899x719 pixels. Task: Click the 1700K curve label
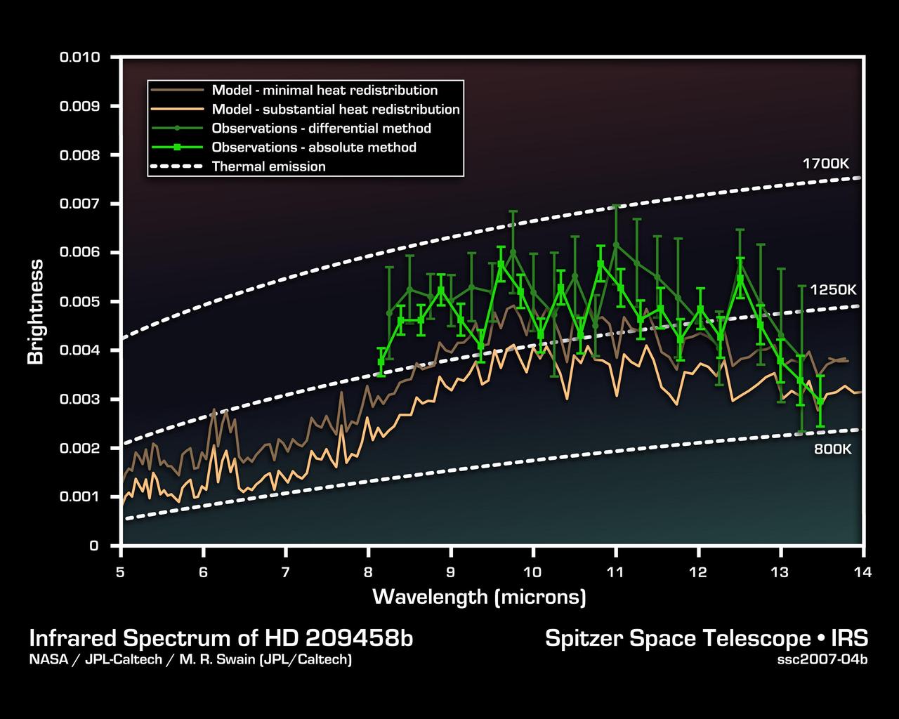click(826, 164)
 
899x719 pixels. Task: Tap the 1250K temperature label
click(833, 289)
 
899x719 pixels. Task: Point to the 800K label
click(833, 449)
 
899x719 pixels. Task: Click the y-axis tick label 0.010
click(79, 57)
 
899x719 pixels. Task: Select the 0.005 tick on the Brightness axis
click(79, 301)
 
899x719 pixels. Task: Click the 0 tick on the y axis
click(93, 546)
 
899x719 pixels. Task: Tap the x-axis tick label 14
click(862, 572)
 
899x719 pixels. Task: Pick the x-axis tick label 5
click(121, 572)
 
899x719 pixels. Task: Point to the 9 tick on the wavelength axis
click(450, 572)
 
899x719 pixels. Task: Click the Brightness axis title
click(36, 312)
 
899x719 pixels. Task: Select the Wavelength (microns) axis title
click(479, 597)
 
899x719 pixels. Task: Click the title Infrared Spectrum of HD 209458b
click(221, 638)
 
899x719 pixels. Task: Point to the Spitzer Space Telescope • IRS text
click(707, 638)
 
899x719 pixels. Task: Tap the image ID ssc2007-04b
click(822, 660)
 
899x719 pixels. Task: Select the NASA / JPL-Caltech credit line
click(190, 660)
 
